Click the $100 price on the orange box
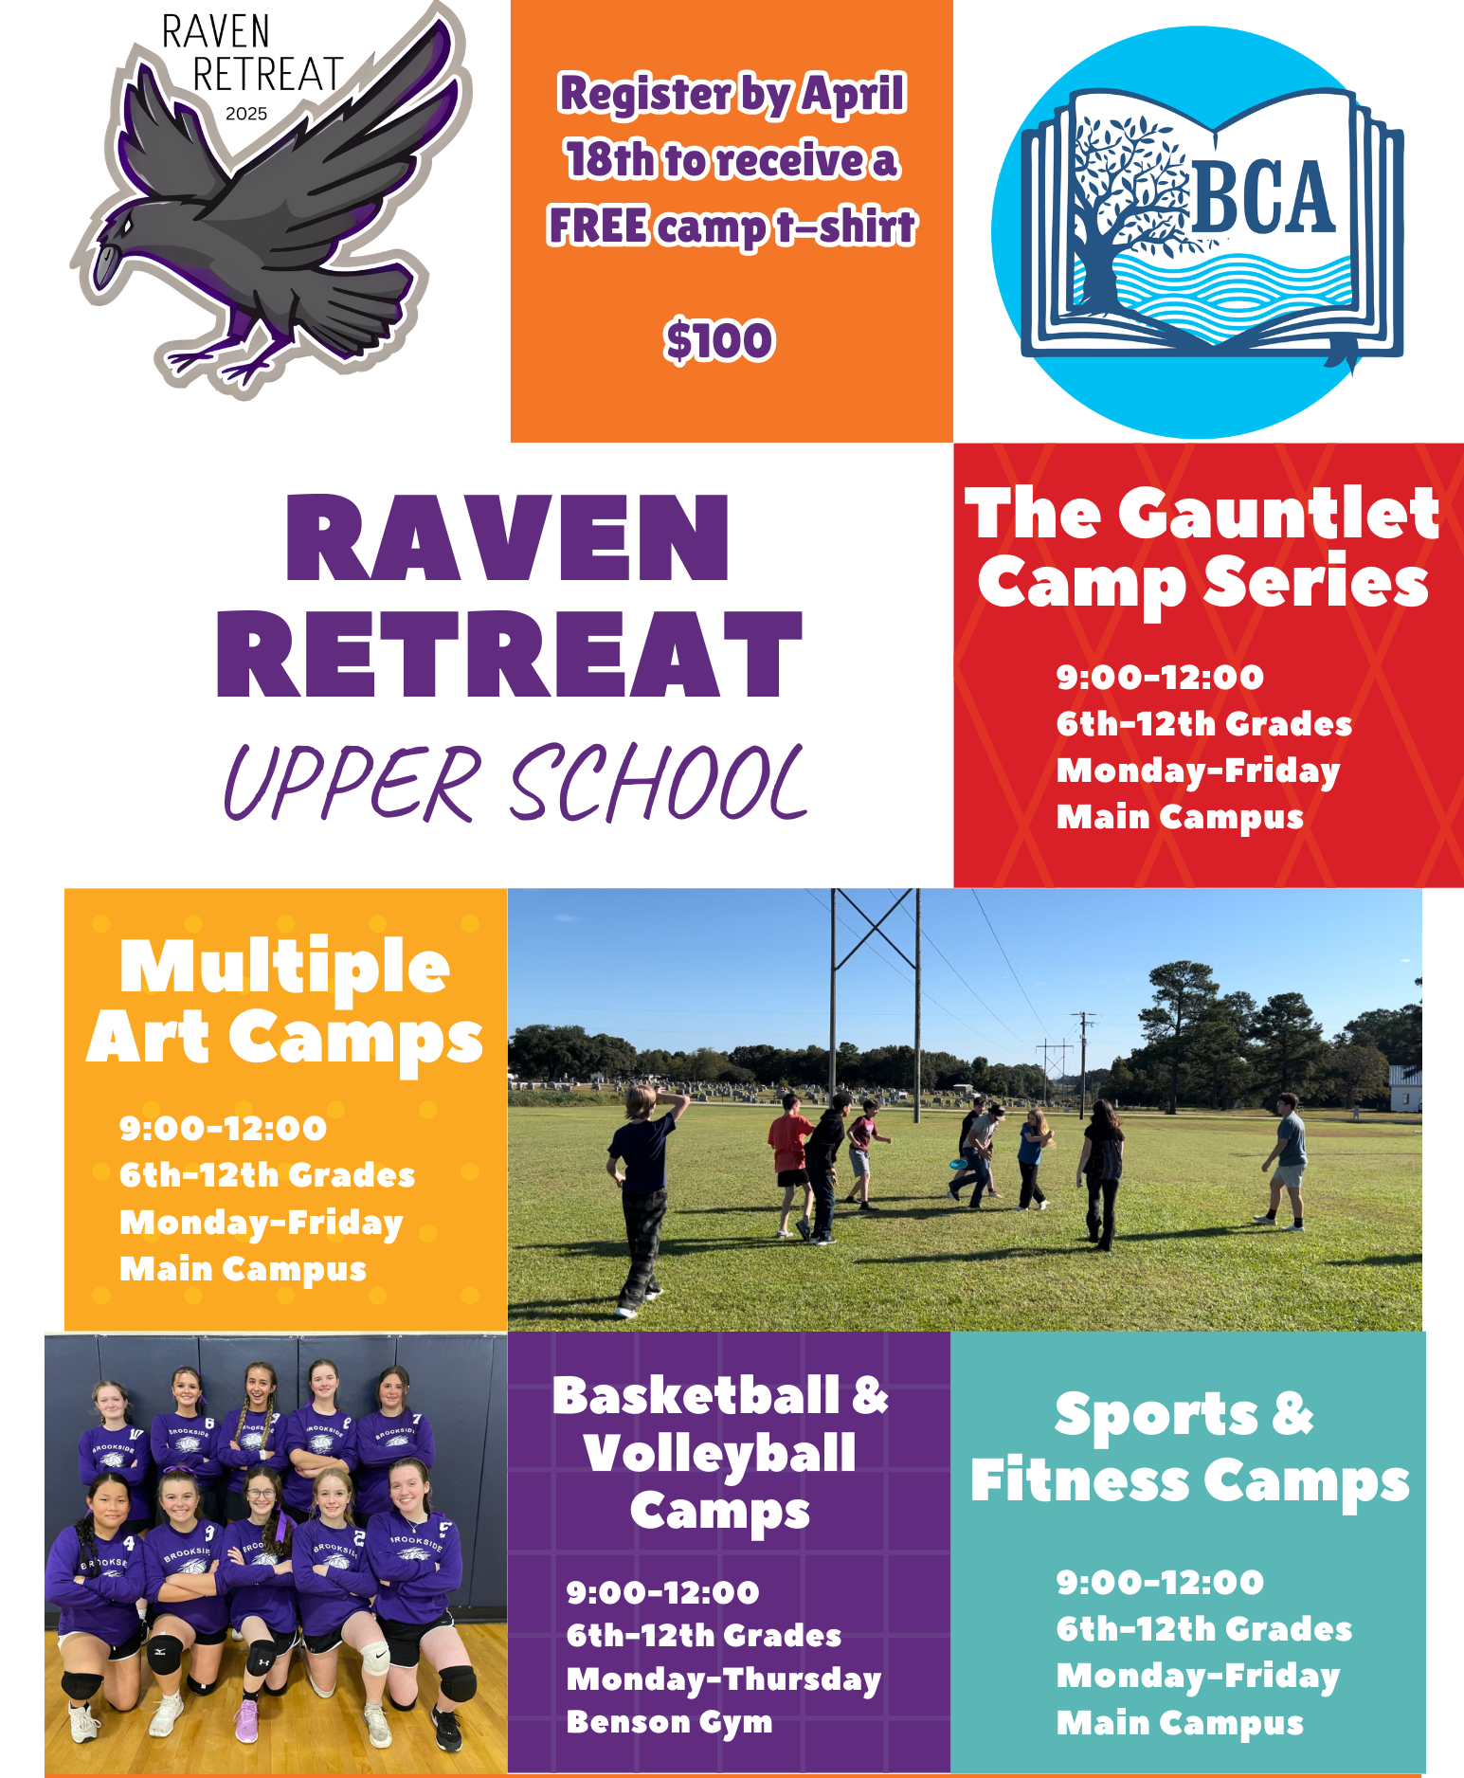(x=719, y=341)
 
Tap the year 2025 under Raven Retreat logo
(x=246, y=114)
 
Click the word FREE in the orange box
(x=599, y=227)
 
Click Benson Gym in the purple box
(x=669, y=1722)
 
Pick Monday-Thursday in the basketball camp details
(x=724, y=1678)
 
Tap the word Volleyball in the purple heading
(x=720, y=1454)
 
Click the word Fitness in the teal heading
(x=1079, y=1480)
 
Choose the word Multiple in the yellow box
(x=284, y=967)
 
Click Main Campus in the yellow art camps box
(x=243, y=1269)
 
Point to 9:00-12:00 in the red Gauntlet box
(x=1160, y=677)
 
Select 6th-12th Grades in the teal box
(x=1204, y=1629)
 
